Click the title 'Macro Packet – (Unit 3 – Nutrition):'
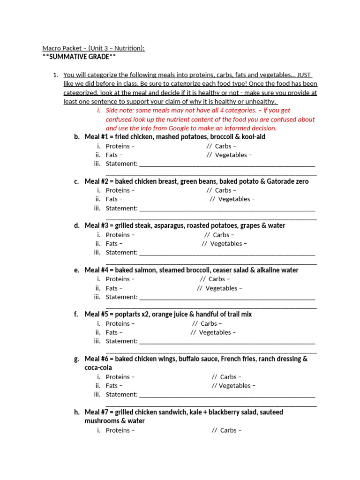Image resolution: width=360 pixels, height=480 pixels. coord(93,48)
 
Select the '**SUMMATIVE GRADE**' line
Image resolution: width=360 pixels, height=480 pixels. coord(79,57)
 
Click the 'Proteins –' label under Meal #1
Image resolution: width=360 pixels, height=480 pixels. coord(120,146)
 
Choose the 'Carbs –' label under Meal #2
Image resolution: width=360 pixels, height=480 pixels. coord(225,190)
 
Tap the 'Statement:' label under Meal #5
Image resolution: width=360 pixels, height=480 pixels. coord(121,341)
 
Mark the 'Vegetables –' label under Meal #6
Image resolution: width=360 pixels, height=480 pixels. coord(237,386)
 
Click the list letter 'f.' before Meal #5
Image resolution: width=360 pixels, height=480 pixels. coord(76,314)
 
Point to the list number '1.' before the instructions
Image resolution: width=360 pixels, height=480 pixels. coord(55,75)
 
